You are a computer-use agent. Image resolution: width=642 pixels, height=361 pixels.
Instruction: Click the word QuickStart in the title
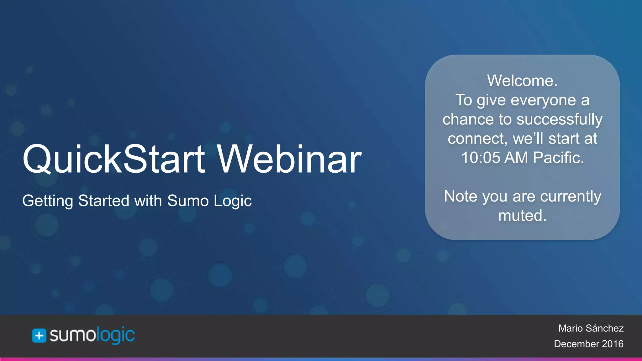(x=113, y=159)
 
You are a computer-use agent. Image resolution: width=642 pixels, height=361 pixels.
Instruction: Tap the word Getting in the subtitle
(x=48, y=201)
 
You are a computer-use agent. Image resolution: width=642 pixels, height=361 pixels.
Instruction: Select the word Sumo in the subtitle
(x=188, y=201)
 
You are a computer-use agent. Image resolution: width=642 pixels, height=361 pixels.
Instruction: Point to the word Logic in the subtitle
(x=232, y=201)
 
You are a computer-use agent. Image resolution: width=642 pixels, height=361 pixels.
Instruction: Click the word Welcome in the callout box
(x=521, y=81)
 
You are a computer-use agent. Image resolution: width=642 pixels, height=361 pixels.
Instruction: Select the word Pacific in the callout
(x=558, y=158)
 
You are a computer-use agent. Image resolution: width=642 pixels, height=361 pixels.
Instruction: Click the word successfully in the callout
(x=559, y=119)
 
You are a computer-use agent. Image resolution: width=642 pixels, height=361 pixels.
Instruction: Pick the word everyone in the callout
(x=543, y=100)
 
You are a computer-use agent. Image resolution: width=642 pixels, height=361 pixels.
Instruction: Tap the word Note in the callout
(x=460, y=196)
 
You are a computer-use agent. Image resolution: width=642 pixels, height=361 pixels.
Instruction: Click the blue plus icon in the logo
(x=39, y=336)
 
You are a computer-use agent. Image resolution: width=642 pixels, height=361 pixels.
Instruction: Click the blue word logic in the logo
(x=115, y=335)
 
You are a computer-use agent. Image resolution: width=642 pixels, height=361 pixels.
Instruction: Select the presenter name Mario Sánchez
(x=591, y=328)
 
